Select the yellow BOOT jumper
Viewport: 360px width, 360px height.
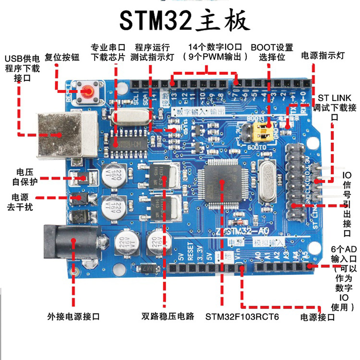click(x=262, y=131)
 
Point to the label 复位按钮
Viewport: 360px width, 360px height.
click(x=62, y=57)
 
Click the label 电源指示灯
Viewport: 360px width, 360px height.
click(x=323, y=56)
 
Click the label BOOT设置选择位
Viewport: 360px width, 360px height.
click(x=272, y=52)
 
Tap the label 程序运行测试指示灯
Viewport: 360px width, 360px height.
click(x=153, y=52)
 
